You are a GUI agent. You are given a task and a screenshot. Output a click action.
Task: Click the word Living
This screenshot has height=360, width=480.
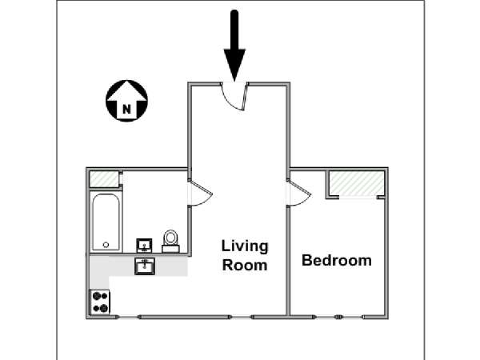[x=245, y=246]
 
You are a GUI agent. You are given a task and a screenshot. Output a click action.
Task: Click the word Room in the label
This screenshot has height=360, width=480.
[x=245, y=266]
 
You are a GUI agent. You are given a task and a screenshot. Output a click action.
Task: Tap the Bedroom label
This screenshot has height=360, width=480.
[x=337, y=261]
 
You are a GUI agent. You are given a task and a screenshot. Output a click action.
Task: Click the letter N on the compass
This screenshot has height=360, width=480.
[x=126, y=109]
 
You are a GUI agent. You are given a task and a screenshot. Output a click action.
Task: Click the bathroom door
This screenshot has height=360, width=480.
[x=201, y=193]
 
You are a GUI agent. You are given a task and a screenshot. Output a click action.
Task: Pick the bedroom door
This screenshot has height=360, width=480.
[x=299, y=193]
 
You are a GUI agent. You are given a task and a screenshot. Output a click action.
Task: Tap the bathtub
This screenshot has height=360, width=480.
[x=106, y=222]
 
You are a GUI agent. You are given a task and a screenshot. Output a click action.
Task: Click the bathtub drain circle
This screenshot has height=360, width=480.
[x=106, y=245]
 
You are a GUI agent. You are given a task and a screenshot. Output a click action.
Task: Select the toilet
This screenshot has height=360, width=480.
[x=170, y=242]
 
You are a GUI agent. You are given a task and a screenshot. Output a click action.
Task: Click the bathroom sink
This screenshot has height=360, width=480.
[x=144, y=246]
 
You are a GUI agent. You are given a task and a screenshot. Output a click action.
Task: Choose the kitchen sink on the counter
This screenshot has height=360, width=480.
[x=145, y=266]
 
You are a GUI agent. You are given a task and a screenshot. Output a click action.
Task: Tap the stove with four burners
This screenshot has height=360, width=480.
[x=100, y=302]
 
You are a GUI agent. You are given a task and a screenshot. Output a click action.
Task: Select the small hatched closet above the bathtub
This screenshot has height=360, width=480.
[x=104, y=179]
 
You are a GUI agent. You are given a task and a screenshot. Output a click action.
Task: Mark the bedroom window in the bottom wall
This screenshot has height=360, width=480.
[x=338, y=317]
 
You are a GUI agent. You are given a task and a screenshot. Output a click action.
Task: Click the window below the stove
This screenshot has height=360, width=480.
[x=128, y=317]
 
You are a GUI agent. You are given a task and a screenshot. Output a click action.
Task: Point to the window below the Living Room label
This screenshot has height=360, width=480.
[x=242, y=317]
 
